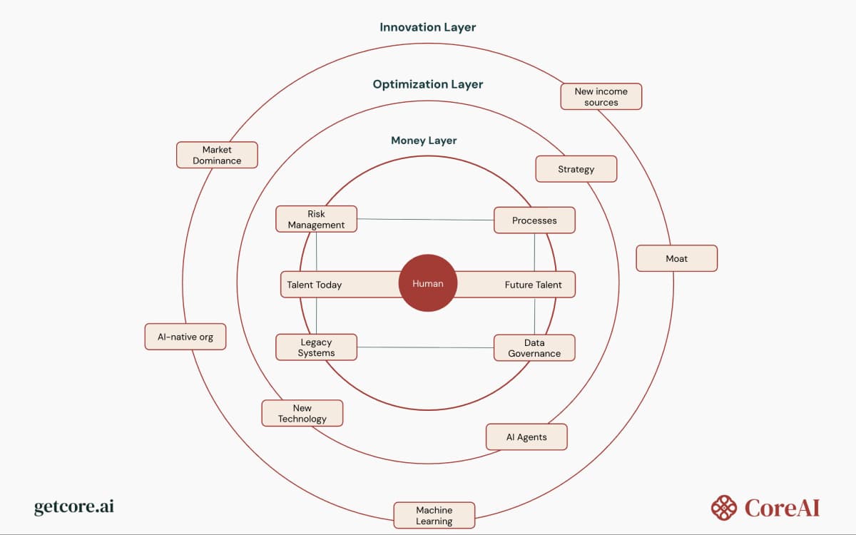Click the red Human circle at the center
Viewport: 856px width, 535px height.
428,283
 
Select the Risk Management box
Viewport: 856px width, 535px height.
316,219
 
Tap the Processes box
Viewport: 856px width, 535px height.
534,220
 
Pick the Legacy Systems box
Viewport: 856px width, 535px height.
316,347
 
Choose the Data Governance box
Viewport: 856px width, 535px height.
534,347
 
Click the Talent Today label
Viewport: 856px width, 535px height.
315,285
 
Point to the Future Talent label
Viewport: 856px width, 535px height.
533,285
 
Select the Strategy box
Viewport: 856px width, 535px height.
576,169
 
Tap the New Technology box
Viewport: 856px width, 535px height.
302,413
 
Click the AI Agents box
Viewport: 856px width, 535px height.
526,437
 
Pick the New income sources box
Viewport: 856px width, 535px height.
601,96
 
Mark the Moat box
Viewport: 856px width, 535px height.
676,258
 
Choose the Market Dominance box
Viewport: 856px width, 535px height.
217,155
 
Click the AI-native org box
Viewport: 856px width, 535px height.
185,336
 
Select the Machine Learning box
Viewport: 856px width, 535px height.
434,515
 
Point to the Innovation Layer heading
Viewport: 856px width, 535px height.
427,27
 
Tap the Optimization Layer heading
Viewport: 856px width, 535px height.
427,84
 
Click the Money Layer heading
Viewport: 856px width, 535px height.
424,141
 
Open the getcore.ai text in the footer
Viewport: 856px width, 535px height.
74,507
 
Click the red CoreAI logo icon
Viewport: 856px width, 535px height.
723,508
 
